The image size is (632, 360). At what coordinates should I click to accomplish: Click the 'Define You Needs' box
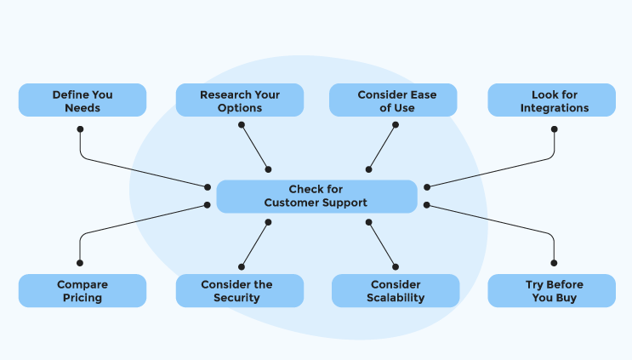point(83,100)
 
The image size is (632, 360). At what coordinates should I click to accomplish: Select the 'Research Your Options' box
point(240,100)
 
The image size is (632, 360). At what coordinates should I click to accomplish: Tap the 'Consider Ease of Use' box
point(393,100)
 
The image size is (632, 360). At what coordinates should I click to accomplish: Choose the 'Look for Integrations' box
point(552,100)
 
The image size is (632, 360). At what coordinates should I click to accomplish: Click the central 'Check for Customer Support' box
point(316,197)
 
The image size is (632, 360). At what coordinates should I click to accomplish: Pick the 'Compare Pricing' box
point(83,291)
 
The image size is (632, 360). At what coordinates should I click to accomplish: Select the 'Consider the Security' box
point(240,291)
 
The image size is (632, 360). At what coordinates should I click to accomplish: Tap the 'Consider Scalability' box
point(396,291)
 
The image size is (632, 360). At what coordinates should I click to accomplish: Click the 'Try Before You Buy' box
point(552,291)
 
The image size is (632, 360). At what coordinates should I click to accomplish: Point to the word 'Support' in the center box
point(347,203)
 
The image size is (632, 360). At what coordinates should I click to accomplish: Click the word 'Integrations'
point(555,108)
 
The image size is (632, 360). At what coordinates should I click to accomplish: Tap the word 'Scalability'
point(396,298)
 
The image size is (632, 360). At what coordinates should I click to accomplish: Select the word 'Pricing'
point(83,299)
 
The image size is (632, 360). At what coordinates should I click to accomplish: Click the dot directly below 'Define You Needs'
point(80,129)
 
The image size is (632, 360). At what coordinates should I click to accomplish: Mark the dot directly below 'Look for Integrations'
point(555,129)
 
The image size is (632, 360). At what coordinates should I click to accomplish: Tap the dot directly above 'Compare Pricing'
point(80,263)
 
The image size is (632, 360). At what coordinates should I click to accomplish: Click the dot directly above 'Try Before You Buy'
point(554,263)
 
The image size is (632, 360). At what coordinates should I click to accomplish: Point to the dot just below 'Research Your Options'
point(242,124)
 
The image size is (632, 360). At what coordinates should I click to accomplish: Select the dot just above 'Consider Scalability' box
point(396,266)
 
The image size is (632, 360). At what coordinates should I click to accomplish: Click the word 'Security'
point(236,298)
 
